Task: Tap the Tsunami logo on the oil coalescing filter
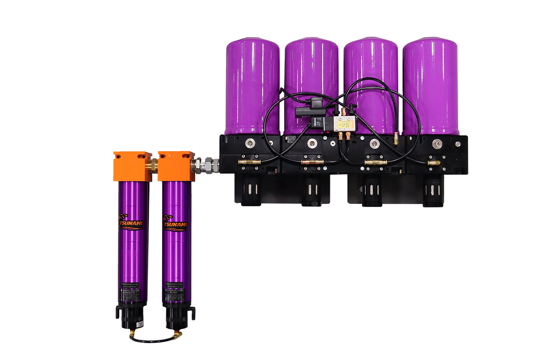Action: [175, 223]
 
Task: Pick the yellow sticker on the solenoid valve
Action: [346, 121]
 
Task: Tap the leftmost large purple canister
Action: [252, 85]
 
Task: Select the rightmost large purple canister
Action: [429, 85]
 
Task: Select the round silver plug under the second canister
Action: [311, 143]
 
